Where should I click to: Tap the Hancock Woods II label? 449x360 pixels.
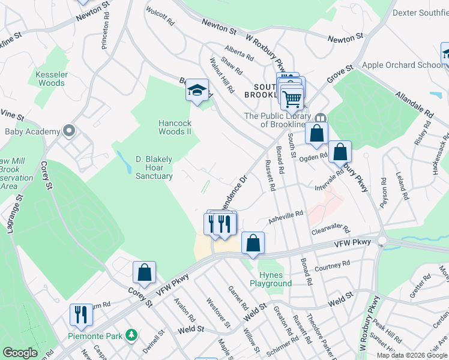point(175,127)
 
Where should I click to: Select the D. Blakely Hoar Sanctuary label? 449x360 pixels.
point(154,167)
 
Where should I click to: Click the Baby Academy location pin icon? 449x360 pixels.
point(69,131)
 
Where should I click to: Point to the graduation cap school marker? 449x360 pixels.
point(197,91)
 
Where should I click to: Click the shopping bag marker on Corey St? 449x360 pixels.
point(145,273)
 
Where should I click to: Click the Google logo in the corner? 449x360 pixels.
point(20,353)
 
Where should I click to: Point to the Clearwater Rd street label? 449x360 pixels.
point(330,229)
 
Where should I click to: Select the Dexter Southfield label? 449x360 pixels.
point(420,12)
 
